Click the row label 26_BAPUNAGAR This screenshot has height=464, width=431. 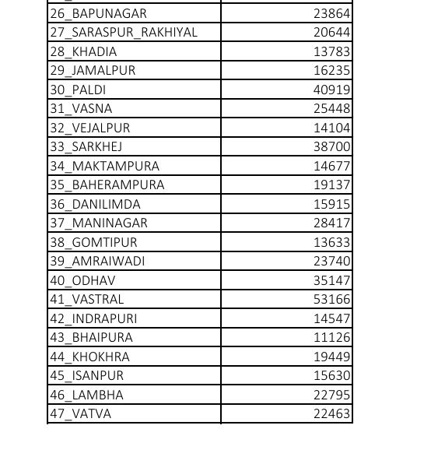tap(98, 13)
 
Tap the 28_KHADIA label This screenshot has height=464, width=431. tap(83, 51)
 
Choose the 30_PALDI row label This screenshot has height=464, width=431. tap(78, 90)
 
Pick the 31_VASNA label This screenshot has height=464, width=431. tap(81, 109)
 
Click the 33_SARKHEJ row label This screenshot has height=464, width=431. tap(86, 146)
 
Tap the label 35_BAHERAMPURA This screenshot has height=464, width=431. tap(107, 185)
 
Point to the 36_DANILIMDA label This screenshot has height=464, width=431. tap(96, 204)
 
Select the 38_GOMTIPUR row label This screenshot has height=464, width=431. tap(93, 242)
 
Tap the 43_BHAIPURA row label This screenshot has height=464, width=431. tap(91, 337)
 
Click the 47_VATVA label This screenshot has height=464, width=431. tap(81, 413)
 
